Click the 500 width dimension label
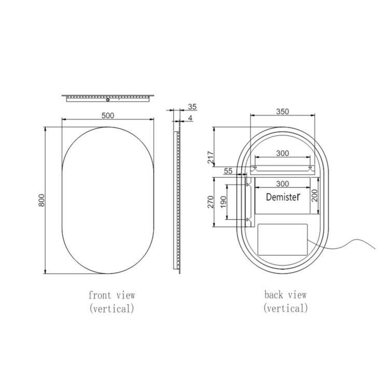[x=107, y=115]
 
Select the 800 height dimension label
[x=42, y=200]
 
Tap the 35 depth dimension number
[x=192, y=107]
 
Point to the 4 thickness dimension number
[x=190, y=118]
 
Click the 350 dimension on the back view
[x=282, y=111]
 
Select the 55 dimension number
[x=228, y=171]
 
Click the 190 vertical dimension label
[x=223, y=202]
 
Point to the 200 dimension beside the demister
[x=314, y=195]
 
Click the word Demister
[x=283, y=197]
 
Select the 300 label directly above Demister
[x=283, y=184]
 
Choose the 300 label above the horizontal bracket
[x=283, y=154]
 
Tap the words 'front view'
[x=112, y=295]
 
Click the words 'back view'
[x=285, y=295]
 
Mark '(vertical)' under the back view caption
[x=285, y=308]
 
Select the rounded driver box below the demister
[x=283, y=239]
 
